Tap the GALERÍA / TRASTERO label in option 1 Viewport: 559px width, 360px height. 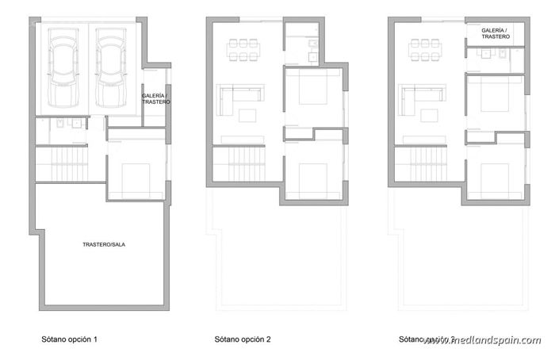tap(155, 100)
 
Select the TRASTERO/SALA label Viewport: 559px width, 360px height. tap(104, 245)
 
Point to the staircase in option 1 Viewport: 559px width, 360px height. tap(67, 164)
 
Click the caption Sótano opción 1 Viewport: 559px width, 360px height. tap(69, 339)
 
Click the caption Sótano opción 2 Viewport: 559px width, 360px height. tap(243, 339)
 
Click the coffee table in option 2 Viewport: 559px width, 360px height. tap(247, 116)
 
